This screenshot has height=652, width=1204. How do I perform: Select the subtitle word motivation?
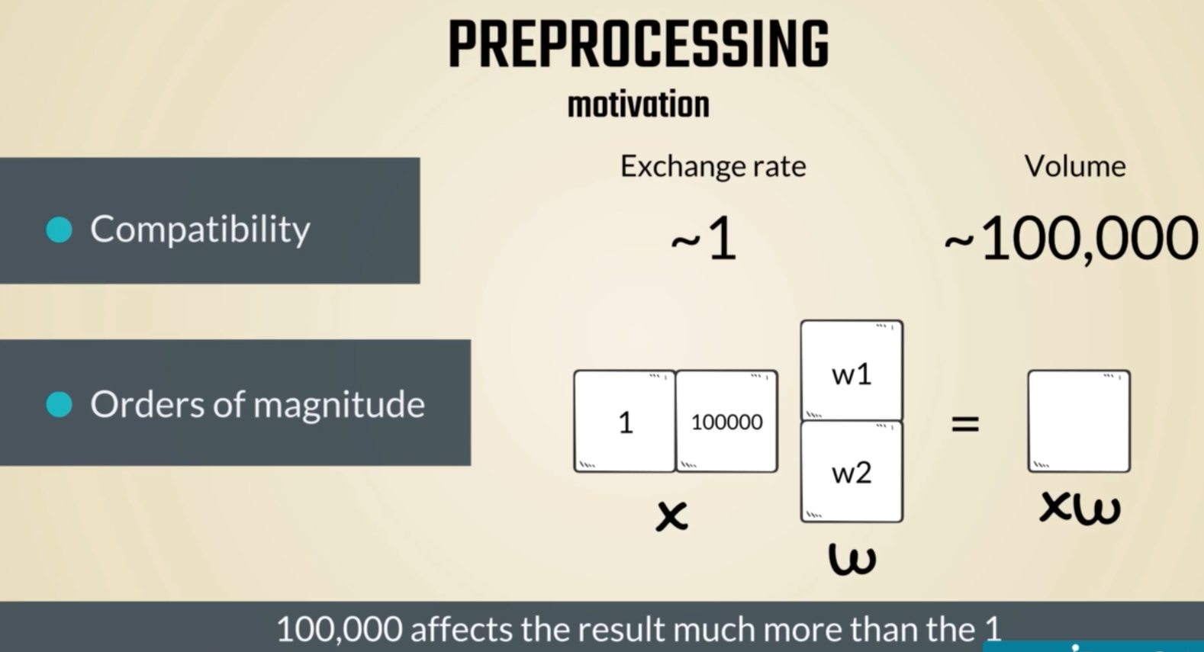pos(639,104)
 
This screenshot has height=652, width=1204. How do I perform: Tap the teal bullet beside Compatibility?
pos(59,230)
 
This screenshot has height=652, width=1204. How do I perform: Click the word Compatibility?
pos(200,230)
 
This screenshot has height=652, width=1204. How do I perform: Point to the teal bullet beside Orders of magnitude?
pos(59,404)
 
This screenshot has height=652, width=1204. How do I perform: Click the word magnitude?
pos(340,405)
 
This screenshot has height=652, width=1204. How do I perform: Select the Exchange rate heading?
pos(713,166)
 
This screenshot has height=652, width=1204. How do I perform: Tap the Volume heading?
pos(1075,166)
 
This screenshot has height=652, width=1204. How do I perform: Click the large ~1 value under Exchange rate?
pos(703,238)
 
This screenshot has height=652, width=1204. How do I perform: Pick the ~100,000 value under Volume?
pos(1071,239)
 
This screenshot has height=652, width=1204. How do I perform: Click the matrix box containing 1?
pos(624,421)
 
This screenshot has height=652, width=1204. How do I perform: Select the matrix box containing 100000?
pos(726,421)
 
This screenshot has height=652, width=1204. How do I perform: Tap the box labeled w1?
pos(852,371)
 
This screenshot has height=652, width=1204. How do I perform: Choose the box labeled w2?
pos(852,471)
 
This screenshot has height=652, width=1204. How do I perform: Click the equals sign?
pos(965,424)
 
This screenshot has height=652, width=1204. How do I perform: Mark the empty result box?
pos(1080,421)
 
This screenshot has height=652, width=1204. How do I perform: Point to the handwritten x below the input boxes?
pos(672,515)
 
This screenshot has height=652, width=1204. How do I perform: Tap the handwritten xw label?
pos(1080,508)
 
